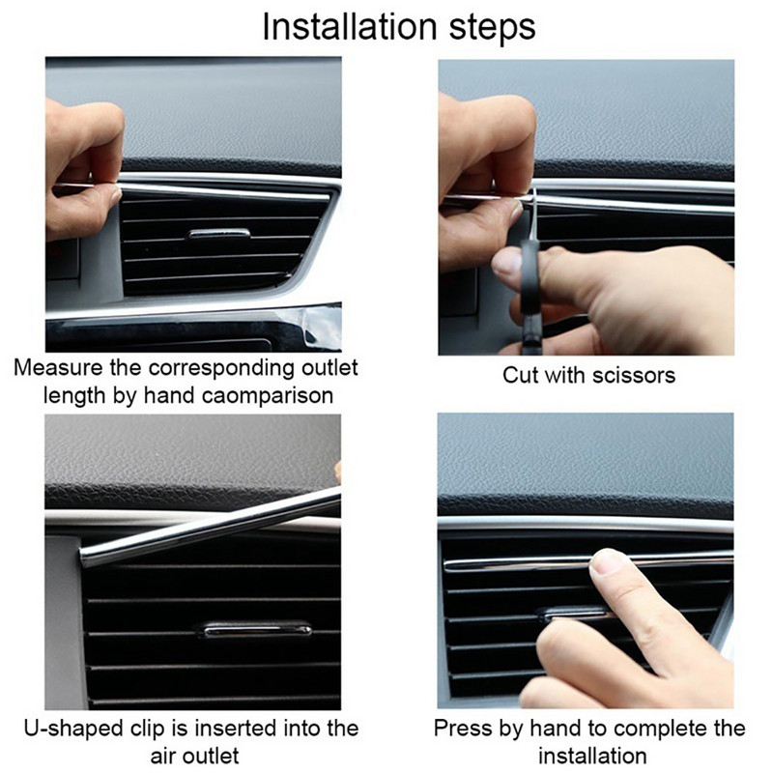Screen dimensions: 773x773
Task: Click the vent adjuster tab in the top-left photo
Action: [218, 233]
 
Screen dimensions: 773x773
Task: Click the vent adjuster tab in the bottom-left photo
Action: [256, 629]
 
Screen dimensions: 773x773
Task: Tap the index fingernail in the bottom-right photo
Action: [606, 560]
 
